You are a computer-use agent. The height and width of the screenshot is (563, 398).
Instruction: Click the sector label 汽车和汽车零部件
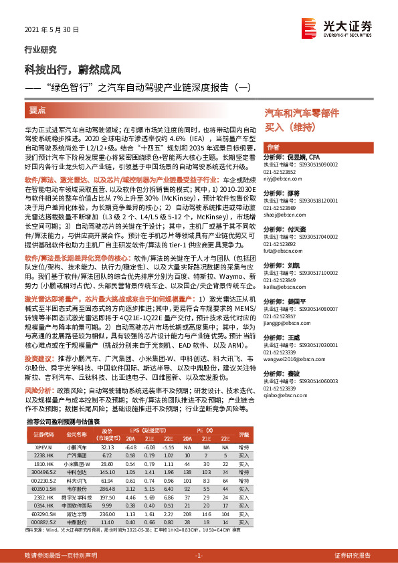coord(297,114)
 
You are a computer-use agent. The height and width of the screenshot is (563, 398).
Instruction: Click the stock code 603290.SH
coord(43,514)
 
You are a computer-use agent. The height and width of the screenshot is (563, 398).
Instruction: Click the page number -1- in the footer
coord(198,555)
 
